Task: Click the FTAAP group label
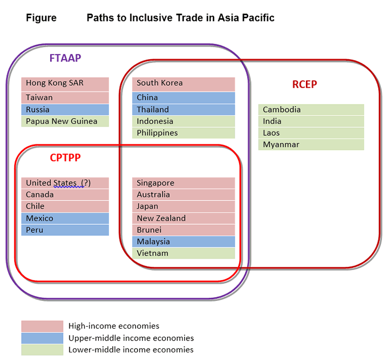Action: tap(65, 58)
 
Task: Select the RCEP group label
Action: tap(304, 84)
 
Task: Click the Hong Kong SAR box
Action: tap(65, 84)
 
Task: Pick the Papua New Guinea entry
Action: tap(65, 121)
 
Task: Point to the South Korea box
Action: tap(183, 84)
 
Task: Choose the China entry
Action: tap(183, 98)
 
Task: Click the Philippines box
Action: tap(183, 133)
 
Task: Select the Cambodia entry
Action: tap(311, 109)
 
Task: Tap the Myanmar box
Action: tap(311, 144)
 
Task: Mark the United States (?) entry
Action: tap(65, 183)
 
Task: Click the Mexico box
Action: tap(65, 218)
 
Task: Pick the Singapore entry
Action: tap(183, 183)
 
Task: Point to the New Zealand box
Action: tap(183, 218)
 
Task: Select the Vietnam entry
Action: tap(183, 253)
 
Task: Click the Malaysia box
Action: tap(183, 241)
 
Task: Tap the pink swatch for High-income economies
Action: tap(42, 326)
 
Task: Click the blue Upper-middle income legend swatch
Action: tap(42, 338)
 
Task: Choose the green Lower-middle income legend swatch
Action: tap(42, 350)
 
